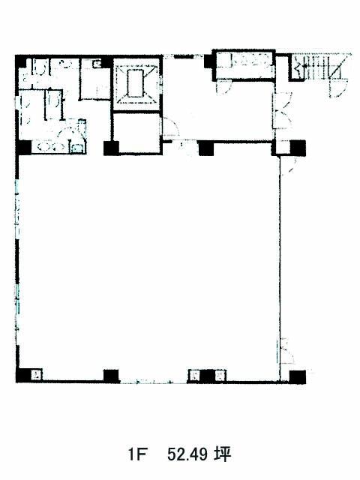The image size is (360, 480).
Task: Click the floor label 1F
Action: coord(136,454)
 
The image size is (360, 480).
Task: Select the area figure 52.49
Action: coord(187,454)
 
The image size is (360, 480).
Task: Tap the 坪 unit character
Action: coord(222,454)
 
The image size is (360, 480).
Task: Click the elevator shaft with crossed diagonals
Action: coord(136,83)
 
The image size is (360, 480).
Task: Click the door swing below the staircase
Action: coord(338,88)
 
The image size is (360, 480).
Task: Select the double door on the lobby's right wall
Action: coord(282,109)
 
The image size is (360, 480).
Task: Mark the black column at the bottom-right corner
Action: coord(298,376)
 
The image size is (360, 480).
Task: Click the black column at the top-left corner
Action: coord(22,62)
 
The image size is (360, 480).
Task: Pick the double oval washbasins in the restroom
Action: coord(50,147)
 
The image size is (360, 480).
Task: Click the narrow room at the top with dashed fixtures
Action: coord(244,65)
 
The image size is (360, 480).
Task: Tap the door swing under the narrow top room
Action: coord(224,87)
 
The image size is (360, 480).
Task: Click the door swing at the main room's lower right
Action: coord(286,352)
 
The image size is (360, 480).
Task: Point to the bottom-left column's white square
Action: coord(37,375)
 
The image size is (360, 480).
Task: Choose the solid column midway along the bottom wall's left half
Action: coord(111,376)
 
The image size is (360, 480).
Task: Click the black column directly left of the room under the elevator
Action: coord(111,148)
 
